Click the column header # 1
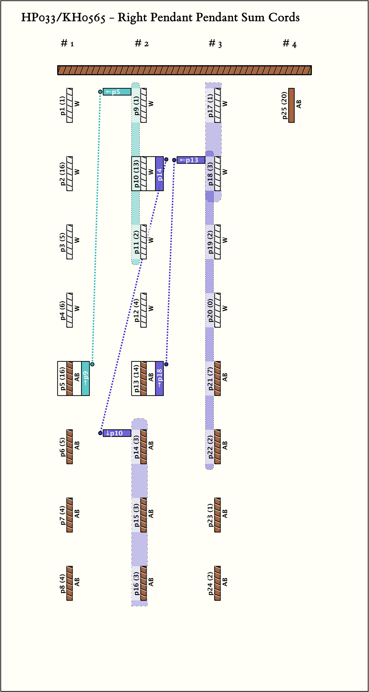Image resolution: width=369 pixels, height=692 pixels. (67, 43)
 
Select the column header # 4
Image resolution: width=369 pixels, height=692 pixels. (290, 43)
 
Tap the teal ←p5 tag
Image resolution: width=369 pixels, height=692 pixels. (117, 92)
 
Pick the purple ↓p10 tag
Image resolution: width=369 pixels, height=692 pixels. (117, 433)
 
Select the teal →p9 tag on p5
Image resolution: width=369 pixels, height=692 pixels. (85, 378)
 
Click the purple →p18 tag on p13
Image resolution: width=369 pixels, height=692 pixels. (159, 378)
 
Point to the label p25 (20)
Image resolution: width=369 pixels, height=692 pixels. (284, 105)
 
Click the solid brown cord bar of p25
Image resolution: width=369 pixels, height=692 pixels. (291, 105)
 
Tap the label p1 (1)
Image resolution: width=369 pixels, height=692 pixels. (62, 105)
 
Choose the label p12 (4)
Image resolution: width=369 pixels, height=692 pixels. (136, 310)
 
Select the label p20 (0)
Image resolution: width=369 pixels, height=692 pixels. (210, 310)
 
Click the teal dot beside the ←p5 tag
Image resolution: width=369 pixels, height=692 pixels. (100, 92)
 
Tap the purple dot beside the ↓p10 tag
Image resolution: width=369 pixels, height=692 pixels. (100, 433)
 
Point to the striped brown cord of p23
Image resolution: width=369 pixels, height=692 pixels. (217, 515)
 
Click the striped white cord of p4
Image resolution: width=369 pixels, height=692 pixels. (70, 310)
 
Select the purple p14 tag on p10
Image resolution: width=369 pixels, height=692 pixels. (159, 174)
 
